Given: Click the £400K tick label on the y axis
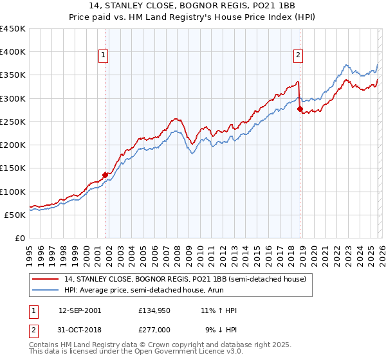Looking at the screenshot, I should tap(13, 52).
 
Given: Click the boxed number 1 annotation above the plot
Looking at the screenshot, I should tap(103, 56).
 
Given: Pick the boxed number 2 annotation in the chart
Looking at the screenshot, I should tap(299, 56).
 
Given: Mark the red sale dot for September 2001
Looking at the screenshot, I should tap(105, 174).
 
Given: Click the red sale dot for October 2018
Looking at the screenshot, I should tap(300, 109).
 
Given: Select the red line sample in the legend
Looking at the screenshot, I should tap(46, 279).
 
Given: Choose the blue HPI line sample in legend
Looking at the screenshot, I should tap(46, 290).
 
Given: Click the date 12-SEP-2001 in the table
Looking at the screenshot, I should tap(80, 310).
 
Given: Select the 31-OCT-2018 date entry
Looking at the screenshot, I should tap(80, 331).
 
